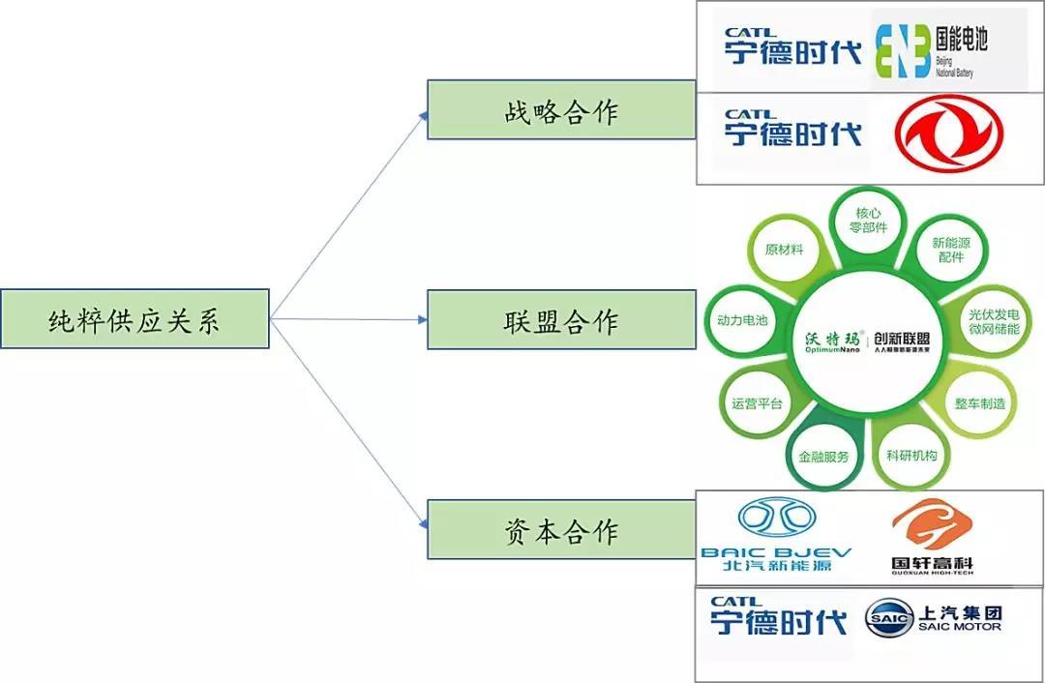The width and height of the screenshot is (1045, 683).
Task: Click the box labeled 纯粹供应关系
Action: tap(134, 319)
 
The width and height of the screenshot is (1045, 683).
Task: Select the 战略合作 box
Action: tap(561, 109)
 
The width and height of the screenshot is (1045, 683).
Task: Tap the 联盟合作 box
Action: tap(561, 319)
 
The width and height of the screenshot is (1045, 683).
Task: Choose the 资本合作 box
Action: tap(561, 530)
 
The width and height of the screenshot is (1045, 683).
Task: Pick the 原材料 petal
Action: tap(784, 250)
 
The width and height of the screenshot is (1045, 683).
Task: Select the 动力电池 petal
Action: tap(742, 319)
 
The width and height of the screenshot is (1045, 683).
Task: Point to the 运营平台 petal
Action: tap(757, 402)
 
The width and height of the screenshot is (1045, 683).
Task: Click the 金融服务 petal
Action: tap(822, 457)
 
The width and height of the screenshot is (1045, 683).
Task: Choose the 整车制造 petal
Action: tap(980, 402)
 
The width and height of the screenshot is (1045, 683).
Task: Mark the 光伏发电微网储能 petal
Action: tap(994, 321)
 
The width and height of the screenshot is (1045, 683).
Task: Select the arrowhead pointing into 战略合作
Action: tap(423, 115)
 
